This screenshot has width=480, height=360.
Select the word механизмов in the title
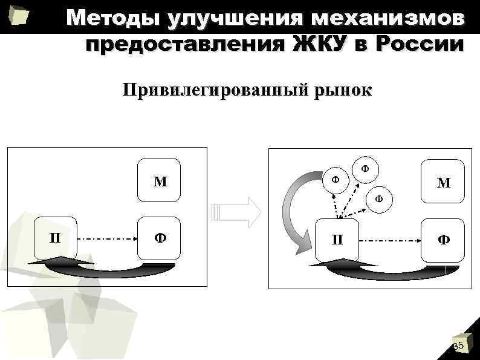(x=391, y=18)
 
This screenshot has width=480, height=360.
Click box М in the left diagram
(x=160, y=181)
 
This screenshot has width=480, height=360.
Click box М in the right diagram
(x=443, y=182)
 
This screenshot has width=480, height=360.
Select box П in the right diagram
(x=337, y=239)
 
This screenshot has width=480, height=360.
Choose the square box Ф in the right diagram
(x=443, y=239)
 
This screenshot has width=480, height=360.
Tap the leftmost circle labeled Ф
(x=335, y=180)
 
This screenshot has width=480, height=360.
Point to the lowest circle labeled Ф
(x=379, y=197)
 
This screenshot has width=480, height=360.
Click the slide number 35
(x=458, y=345)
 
